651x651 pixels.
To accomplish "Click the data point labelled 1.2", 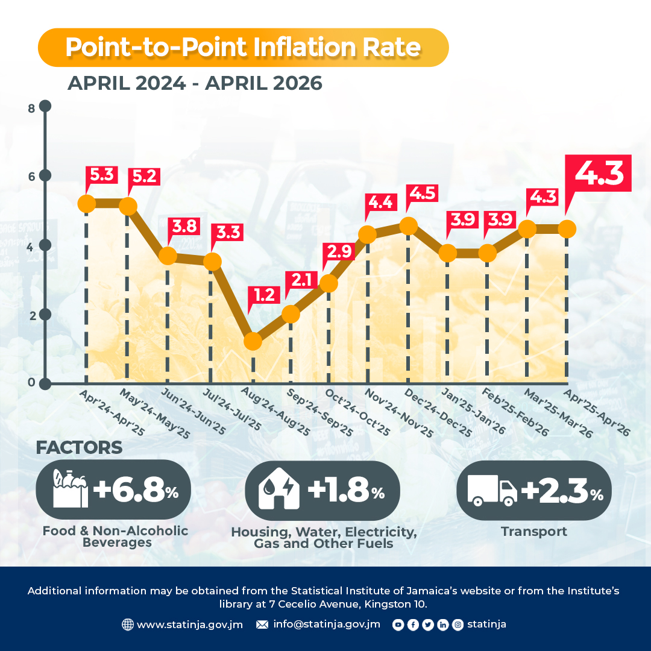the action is click(x=253, y=342).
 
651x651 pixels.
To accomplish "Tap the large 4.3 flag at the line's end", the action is click(x=598, y=174).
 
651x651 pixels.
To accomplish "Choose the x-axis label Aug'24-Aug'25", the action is click(x=275, y=412).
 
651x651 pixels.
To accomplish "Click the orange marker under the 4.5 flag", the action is click(x=409, y=226).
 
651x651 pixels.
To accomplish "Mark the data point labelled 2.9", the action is click(x=329, y=283).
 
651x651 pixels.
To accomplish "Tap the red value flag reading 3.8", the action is click(x=184, y=227).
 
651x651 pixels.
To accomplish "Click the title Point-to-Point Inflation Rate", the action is click(x=244, y=47).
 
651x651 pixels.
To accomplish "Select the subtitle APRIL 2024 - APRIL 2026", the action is click(x=195, y=83).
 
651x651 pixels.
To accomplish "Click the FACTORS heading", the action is click(x=79, y=447).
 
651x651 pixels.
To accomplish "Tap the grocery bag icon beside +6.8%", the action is click(x=70, y=489).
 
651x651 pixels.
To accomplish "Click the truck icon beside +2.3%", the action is click(x=492, y=490).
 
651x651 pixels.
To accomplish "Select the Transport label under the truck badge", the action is click(x=534, y=532).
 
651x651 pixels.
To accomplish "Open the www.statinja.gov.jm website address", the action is click(x=190, y=624).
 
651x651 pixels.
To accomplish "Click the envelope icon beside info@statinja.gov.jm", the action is click(x=262, y=624).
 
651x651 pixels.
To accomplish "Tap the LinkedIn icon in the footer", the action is click(x=443, y=624).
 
